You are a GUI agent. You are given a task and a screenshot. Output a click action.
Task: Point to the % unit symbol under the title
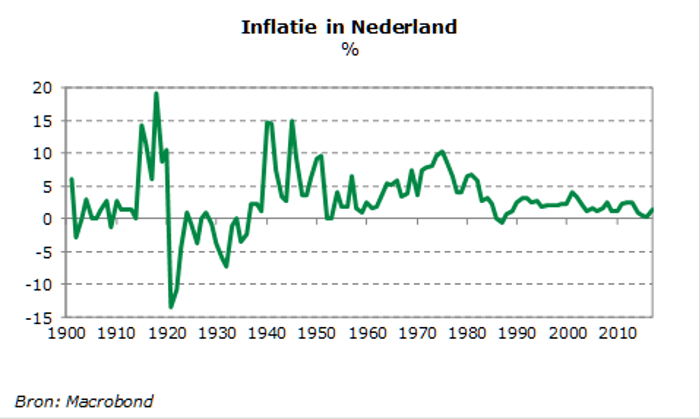tap(350, 49)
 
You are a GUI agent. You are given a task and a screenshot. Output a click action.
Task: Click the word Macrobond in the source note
tap(109, 402)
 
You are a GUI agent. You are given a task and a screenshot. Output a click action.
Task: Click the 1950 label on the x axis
tap(316, 333)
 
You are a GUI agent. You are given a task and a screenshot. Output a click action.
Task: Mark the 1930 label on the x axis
tap(216, 333)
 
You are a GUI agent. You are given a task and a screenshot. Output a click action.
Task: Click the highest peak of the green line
tap(156, 93)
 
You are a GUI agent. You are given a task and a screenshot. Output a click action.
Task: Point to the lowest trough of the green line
tap(171, 307)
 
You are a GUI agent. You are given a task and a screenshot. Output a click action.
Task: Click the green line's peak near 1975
tap(441, 152)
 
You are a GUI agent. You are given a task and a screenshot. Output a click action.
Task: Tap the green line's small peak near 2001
tap(572, 192)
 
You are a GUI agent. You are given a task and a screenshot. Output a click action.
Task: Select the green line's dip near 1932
tap(226, 266)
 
